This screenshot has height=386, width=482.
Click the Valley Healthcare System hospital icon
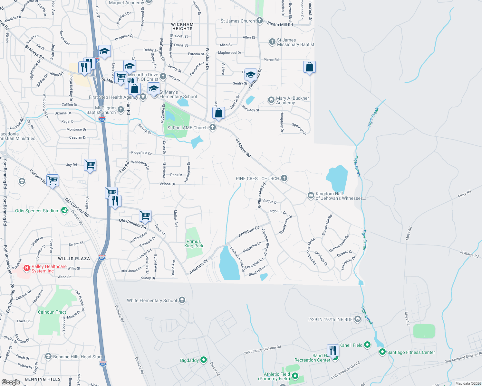coord(27,268)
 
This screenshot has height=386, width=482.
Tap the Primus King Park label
coord(194,244)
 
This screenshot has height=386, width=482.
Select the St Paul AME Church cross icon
coord(213,127)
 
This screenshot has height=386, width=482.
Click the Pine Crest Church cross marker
coord(284,178)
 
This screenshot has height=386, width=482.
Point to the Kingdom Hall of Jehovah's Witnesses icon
coord(311,195)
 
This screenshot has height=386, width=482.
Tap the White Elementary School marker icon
coord(182,300)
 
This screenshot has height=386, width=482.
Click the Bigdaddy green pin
coord(204,360)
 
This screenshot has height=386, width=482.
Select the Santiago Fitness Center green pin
coord(382,352)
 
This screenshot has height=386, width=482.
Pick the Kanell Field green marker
coord(367,345)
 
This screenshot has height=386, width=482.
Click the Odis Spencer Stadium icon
coord(64,210)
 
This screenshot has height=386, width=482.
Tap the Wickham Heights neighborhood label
coord(182,26)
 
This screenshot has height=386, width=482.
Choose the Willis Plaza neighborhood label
coord(74,259)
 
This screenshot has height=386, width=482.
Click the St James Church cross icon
coord(260,21)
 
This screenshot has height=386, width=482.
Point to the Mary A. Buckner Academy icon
coord(271,100)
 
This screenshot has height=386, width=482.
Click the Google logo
coord(11,382)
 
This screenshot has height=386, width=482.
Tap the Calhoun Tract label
coord(52,312)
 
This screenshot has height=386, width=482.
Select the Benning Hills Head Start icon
coord(48,356)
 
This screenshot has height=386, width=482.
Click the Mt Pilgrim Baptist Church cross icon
coord(121,110)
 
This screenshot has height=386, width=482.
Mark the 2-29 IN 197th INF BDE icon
coord(357,319)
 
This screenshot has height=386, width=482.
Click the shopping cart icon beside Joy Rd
coord(90,165)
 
